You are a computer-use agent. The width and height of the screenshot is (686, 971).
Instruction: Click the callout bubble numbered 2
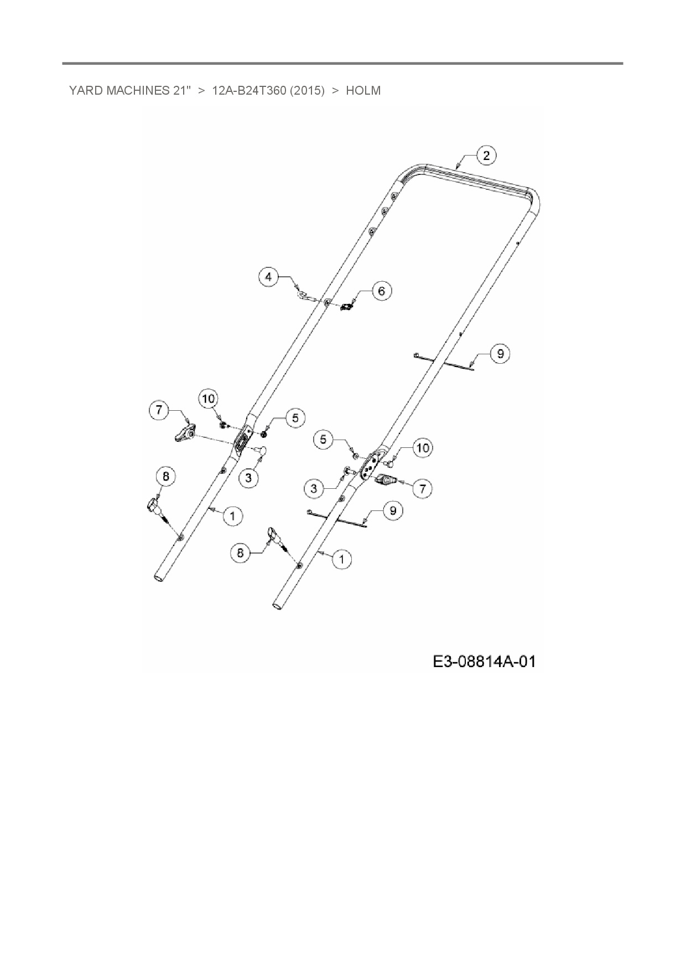(x=486, y=156)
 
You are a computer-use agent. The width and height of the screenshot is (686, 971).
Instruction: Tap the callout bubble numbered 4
(x=269, y=276)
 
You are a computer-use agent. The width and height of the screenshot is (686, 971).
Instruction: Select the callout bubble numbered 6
(x=382, y=291)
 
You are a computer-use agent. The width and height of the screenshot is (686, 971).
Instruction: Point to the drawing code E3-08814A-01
(x=484, y=661)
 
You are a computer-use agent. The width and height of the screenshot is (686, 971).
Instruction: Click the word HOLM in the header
(x=363, y=91)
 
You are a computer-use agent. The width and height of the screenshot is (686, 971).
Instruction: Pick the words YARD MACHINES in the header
(x=117, y=91)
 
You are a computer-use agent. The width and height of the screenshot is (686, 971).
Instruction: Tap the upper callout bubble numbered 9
(x=500, y=353)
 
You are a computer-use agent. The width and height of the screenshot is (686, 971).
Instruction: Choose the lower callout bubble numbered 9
(x=393, y=510)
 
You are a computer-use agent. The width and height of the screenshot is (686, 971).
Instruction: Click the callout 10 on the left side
(x=209, y=398)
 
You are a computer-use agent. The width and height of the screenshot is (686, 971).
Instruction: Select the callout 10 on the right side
(x=423, y=447)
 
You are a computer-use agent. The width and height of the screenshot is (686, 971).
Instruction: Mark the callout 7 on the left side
(x=159, y=410)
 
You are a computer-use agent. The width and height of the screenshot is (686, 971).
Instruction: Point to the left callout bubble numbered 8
(x=166, y=476)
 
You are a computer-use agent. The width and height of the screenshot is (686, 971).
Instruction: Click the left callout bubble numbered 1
(x=232, y=516)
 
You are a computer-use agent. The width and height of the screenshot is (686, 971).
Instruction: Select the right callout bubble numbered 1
(x=341, y=559)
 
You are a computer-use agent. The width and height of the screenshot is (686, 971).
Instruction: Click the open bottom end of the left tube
(x=159, y=577)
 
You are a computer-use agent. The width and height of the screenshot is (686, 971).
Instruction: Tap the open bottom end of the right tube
(x=278, y=608)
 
